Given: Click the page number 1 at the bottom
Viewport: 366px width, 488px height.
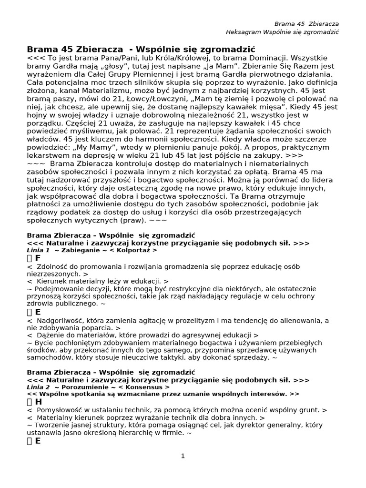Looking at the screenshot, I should coord(183,456).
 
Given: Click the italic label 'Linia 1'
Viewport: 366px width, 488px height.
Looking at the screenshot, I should coord(38,250).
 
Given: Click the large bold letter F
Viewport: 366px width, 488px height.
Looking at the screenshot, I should coord(38,258).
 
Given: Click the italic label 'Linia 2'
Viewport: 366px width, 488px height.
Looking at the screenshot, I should coord(38,387).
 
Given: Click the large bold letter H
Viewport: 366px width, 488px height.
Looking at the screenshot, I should coord(38,402).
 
